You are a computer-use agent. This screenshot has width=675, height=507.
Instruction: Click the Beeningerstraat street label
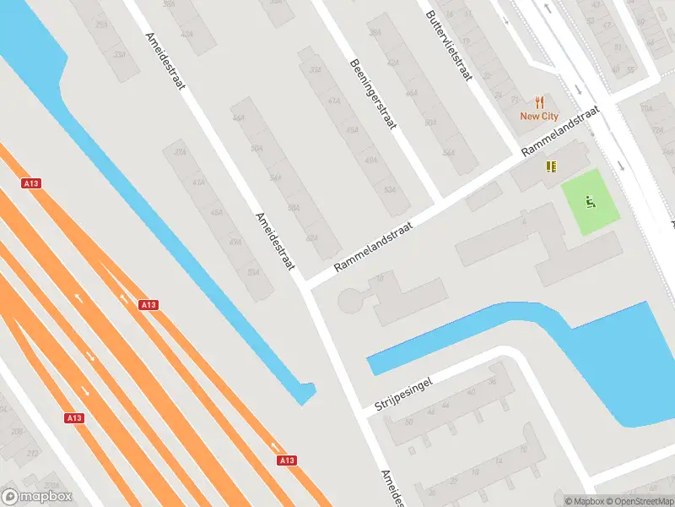click(x=374, y=94)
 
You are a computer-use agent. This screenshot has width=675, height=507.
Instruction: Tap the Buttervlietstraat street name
click(x=448, y=44)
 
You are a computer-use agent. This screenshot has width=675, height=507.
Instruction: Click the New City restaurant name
click(x=539, y=117)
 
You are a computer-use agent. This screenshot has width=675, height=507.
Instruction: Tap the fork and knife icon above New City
click(x=539, y=101)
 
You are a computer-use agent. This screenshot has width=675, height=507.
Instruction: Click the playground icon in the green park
click(x=591, y=202)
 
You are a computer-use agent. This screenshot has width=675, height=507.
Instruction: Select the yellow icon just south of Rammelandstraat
click(x=551, y=166)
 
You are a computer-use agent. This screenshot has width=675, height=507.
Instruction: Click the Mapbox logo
click(x=35, y=497)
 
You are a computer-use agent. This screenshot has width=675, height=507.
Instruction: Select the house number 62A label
click(x=312, y=238)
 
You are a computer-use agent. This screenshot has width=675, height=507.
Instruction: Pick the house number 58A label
click(x=294, y=207)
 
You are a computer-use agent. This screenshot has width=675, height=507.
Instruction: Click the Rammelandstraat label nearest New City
click(x=560, y=130)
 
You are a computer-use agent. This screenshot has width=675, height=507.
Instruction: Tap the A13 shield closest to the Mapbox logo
click(x=74, y=417)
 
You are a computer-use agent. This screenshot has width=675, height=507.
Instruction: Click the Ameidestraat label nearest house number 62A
click(x=276, y=241)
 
